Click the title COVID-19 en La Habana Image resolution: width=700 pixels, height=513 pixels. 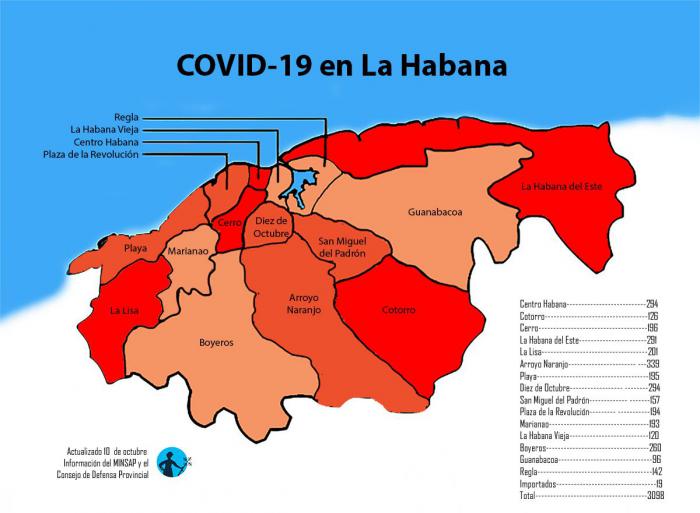pyautogui.click(x=341, y=66)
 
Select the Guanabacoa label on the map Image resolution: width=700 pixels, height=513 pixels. pyautogui.click(x=435, y=212)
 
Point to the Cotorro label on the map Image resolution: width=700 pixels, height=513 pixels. pyautogui.click(x=398, y=310)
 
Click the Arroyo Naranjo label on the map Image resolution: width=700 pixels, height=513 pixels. pyautogui.click(x=290, y=305)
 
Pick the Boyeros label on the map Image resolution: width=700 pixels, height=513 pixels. pyautogui.click(x=215, y=342)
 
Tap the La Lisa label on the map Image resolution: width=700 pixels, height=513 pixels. pyautogui.click(x=125, y=311)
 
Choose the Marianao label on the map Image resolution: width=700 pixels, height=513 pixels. pyautogui.click(x=188, y=252)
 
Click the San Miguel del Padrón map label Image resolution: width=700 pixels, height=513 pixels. pyautogui.click(x=342, y=247)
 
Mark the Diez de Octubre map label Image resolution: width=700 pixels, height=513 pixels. pyautogui.click(x=271, y=227)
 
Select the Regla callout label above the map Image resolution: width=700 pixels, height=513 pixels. pyautogui.click(x=126, y=117)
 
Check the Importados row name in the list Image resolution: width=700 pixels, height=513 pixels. pyautogui.click(x=541, y=483)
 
